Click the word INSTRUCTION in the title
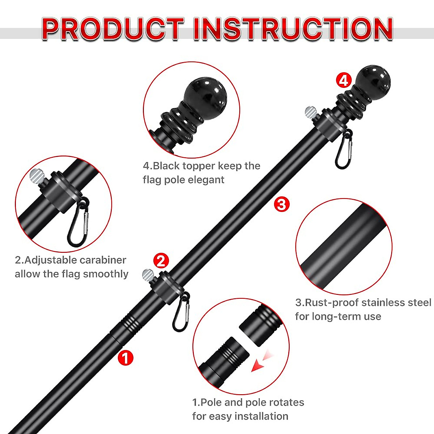pos(293,29)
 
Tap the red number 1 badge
pos(125,358)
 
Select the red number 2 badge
pos(161,260)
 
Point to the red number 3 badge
pos(281,205)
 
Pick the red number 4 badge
pos(343,80)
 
